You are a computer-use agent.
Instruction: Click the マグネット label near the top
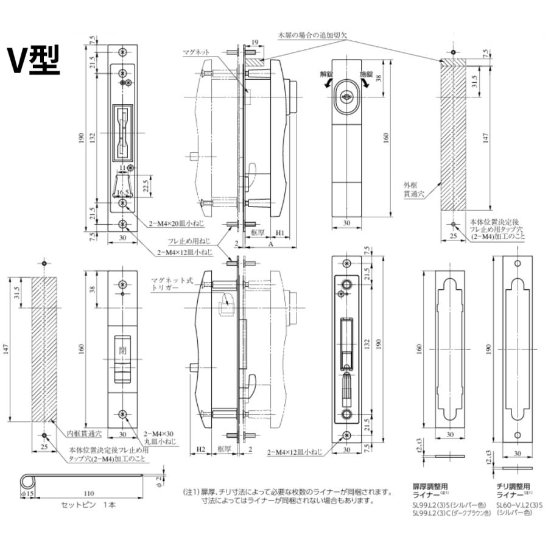tap(195, 53)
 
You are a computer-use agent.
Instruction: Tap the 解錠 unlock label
tap(328, 74)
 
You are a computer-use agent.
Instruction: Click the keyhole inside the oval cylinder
tap(348, 95)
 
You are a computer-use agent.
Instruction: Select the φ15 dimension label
tap(29, 492)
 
